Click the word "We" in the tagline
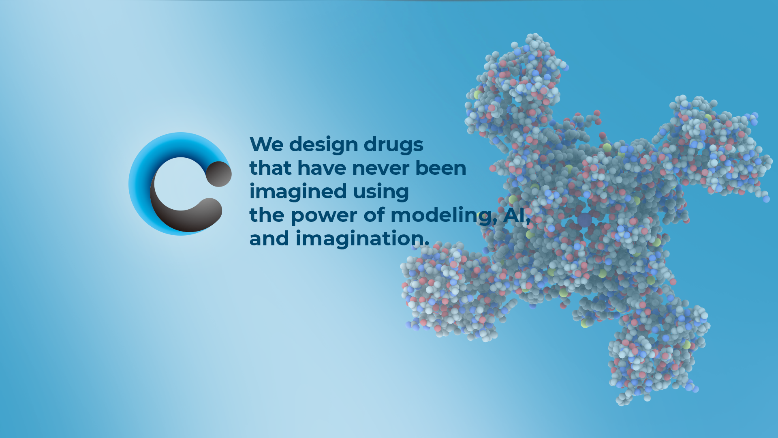click(x=266, y=144)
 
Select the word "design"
click(x=323, y=145)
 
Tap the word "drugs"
click(x=393, y=145)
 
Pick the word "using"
click(x=380, y=192)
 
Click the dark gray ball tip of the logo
click(x=219, y=174)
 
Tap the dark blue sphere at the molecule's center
click(x=584, y=220)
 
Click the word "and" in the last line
click(x=269, y=238)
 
